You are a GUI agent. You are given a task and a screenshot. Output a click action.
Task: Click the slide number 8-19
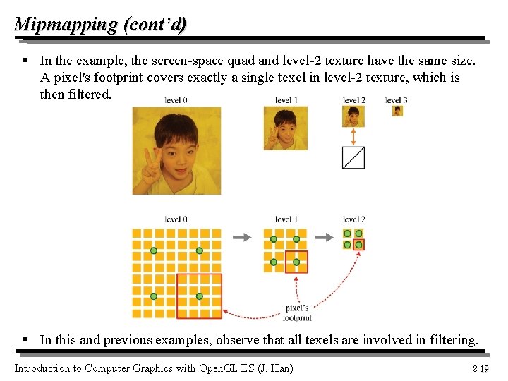coord(480,368)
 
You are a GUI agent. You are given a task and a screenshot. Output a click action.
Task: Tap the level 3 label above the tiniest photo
coord(397,100)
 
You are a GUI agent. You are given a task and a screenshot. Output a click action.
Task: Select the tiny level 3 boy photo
coord(398,111)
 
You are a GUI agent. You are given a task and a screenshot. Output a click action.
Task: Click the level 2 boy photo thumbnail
coord(353,116)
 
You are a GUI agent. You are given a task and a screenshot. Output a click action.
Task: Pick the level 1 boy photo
coord(285,128)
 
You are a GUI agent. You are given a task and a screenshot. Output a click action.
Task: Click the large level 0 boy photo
coord(176,150)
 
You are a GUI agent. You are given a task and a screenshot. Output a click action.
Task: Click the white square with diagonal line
coord(353,157)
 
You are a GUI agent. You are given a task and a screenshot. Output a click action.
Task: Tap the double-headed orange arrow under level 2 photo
coord(353,135)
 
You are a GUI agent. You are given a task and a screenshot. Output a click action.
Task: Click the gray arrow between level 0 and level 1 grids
coord(242,237)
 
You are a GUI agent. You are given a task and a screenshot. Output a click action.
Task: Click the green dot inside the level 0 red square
coord(200,296)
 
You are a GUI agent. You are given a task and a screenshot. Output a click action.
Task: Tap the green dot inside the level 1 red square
coord(296,262)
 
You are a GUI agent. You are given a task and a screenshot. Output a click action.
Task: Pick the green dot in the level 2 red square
coord(359,245)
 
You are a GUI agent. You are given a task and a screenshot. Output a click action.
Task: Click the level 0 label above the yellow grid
coord(176,219)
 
